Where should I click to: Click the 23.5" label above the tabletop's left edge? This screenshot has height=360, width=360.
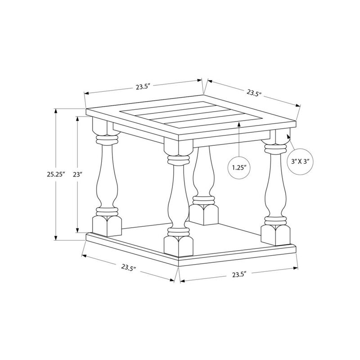(x=141, y=87)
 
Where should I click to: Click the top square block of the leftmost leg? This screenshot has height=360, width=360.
(x=102, y=126)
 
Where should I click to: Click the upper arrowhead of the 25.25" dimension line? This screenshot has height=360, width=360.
(x=56, y=111)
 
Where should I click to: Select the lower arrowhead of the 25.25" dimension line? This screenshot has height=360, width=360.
(x=56, y=238)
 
